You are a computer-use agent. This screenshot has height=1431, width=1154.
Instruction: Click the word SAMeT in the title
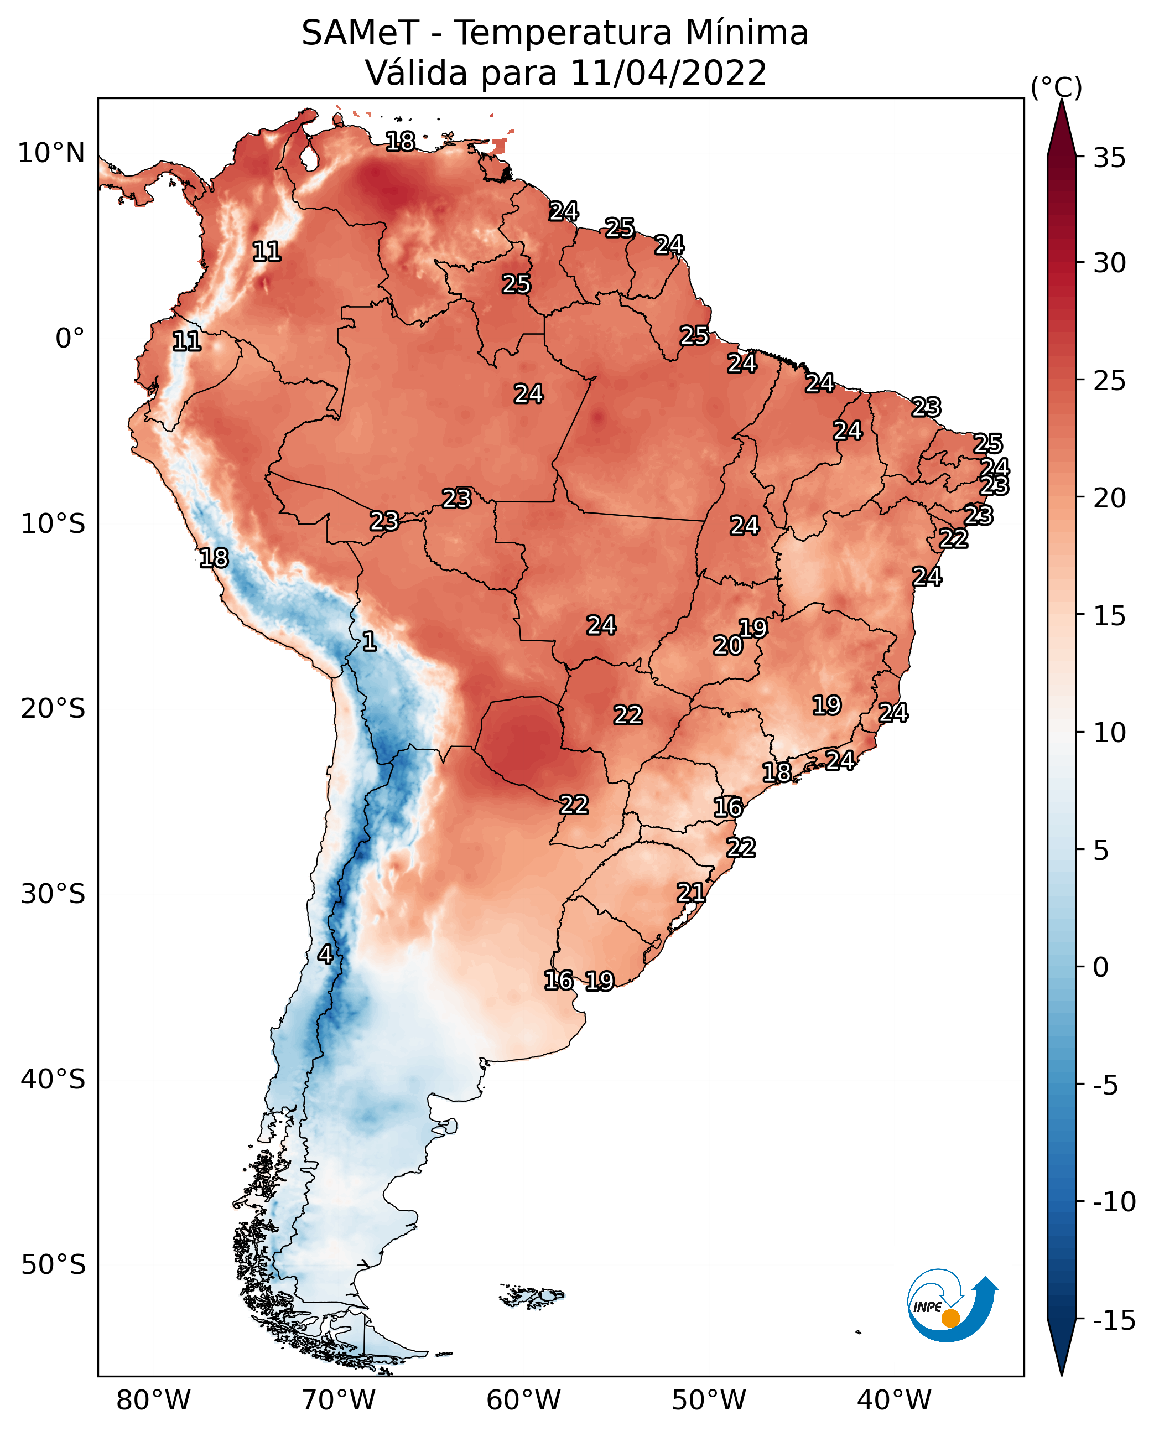pyautogui.click(x=360, y=33)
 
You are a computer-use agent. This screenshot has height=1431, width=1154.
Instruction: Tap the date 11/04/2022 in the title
pyautogui.click(x=668, y=73)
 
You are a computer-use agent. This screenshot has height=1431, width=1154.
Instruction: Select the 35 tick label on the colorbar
pyautogui.click(x=1109, y=158)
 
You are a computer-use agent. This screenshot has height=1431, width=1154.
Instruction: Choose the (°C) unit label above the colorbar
pyautogui.click(x=1056, y=87)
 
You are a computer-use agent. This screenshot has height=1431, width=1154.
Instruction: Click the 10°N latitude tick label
pyautogui.click(x=51, y=154)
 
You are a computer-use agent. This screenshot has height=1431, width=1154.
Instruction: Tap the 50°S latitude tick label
pyautogui.click(x=53, y=1264)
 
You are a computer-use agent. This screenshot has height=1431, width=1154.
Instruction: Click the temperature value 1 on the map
pyautogui.click(x=369, y=641)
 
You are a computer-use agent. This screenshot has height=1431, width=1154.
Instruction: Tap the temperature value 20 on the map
pyautogui.click(x=728, y=645)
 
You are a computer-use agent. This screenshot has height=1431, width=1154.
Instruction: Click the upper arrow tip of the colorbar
pyautogui.click(x=1062, y=100)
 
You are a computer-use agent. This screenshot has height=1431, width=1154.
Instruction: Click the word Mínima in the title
pyautogui.click(x=747, y=33)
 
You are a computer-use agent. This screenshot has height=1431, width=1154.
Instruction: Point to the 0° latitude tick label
pyautogui.click(x=70, y=339)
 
